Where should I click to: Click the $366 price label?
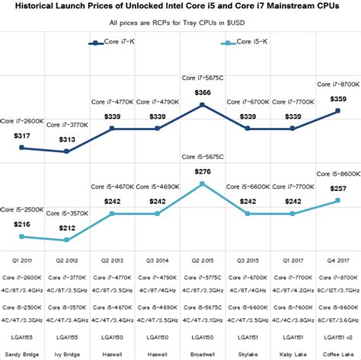[203, 92]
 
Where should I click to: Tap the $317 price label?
[23, 135]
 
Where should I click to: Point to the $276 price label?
[203, 172]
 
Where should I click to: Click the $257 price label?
[337, 188]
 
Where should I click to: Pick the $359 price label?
[337, 98]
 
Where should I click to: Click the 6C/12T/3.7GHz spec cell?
[337, 289]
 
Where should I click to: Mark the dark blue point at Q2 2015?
[203, 105]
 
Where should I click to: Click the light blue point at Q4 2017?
[337, 201]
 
